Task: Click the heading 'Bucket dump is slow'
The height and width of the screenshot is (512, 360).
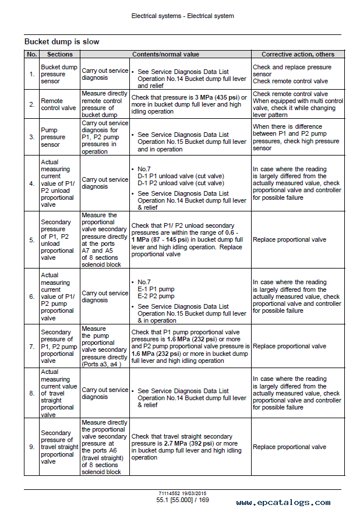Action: pos(62,42)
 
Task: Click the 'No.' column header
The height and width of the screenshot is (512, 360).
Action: pos(32,54)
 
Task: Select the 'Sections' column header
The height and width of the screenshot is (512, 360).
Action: pos(59,54)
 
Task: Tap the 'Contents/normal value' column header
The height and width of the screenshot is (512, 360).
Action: pos(165,54)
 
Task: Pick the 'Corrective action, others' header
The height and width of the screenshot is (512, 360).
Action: pos(298,54)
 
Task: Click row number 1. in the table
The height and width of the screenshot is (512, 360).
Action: pos(32,74)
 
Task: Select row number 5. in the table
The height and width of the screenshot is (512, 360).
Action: pos(32,239)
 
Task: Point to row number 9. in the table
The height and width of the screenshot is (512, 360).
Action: pos(32,447)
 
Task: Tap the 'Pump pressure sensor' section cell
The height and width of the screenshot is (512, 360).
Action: pos(53,137)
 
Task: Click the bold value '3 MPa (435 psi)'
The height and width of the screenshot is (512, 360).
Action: pos(217,97)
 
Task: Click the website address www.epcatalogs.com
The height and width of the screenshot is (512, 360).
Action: pos(283,502)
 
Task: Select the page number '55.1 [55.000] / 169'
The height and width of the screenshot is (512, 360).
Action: pos(182,500)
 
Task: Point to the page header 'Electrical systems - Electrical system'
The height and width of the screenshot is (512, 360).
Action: pos(182,16)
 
